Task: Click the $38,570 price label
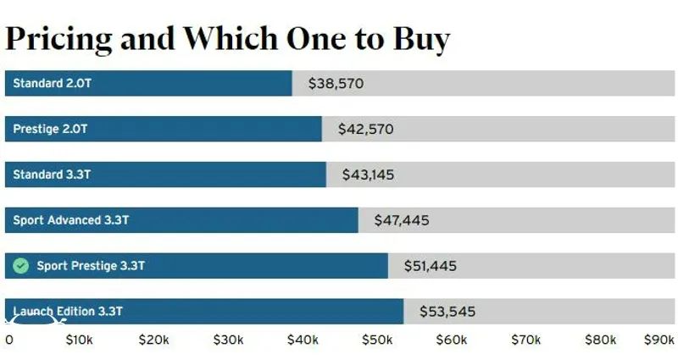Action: click(x=336, y=84)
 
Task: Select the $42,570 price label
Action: click(x=365, y=130)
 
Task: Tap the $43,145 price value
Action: click(x=368, y=175)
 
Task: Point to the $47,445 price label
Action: click(x=402, y=220)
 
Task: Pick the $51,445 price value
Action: click(x=430, y=266)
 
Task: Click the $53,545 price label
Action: click(x=447, y=312)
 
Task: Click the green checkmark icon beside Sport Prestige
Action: click(x=21, y=266)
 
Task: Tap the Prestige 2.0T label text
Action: click(x=50, y=130)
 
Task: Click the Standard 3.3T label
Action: click(x=52, y=175)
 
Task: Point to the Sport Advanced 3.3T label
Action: click(x=71, y=220)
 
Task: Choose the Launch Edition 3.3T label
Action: click(x=68, y=312)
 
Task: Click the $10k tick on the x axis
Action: click(x=81, y=340)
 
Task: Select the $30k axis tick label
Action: click(x=229, y=340)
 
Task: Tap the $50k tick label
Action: click(x=377, y=340)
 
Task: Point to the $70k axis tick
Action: click(x=526, y=340)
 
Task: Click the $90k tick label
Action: click(x=659, y=340)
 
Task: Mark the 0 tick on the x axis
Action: click(x=9, y=340)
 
